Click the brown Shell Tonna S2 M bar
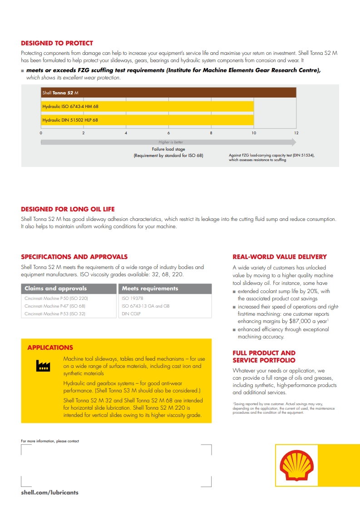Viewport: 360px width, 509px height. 168,93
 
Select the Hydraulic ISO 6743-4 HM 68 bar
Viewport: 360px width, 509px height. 147,106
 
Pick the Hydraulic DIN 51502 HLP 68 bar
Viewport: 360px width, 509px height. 147,120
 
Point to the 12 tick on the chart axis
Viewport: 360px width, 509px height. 296,133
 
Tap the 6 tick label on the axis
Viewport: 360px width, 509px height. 168,133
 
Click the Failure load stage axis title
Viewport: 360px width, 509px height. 168,149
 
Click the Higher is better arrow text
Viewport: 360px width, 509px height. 171,142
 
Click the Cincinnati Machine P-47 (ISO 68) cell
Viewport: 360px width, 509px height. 55,306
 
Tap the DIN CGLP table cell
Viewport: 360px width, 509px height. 131,314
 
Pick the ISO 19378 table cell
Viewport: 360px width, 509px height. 133,299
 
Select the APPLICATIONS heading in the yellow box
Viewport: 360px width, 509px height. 50,347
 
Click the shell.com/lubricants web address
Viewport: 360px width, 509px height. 49,492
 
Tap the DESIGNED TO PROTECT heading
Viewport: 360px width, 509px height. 57,44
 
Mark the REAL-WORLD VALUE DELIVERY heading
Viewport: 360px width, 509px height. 279,257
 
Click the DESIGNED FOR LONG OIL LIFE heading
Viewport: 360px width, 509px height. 68,209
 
